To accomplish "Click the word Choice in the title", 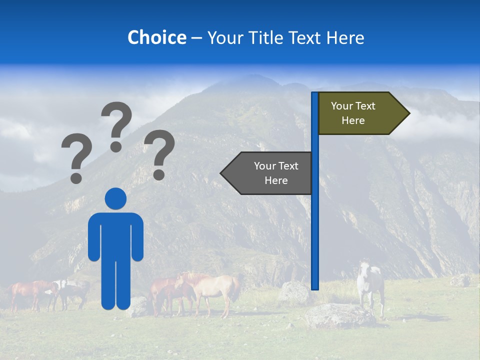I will (156, 37).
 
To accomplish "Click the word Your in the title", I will (223, 37).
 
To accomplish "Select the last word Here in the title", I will (345, 37).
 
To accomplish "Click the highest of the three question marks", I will (116, 125).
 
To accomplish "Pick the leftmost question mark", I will (76, 157).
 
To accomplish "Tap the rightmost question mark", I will (159, 153).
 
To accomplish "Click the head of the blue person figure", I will (115, 198).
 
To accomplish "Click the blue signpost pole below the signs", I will (315, 240).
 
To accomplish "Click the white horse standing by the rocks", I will (370, 285).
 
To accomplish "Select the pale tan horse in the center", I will (215, 290).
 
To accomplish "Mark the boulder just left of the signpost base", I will (294, 292).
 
